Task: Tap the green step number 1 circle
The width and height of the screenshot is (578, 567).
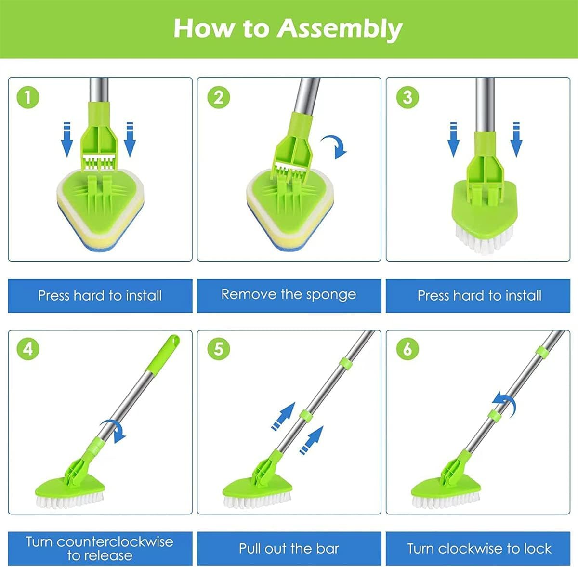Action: [x=28, y=97]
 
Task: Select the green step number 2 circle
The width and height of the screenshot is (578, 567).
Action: [x=219, y=97]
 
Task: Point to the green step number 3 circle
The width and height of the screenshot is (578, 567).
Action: [x=407, y=97]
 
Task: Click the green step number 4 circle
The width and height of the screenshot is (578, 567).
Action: [x=28, y=349]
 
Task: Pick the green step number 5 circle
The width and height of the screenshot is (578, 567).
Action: [x=219, y=349]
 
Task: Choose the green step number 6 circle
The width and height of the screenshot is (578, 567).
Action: [x=407, y=349]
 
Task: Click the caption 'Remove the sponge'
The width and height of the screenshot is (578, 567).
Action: [x=289, y=295]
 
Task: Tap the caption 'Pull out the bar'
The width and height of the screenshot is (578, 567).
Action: [x=289, y=548]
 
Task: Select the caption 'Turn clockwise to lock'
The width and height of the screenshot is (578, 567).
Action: [x=479, y=548]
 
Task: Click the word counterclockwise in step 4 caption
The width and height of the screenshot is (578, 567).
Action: [x=115, y=542]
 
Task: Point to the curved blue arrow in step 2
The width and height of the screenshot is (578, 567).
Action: [x=335, y=146]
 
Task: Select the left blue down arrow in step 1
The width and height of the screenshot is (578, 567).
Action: [x=67, y=140]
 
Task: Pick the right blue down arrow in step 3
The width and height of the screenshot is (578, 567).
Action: [x=516, y=140]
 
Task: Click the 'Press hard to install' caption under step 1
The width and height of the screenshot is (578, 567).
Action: [x=100, y=295]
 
